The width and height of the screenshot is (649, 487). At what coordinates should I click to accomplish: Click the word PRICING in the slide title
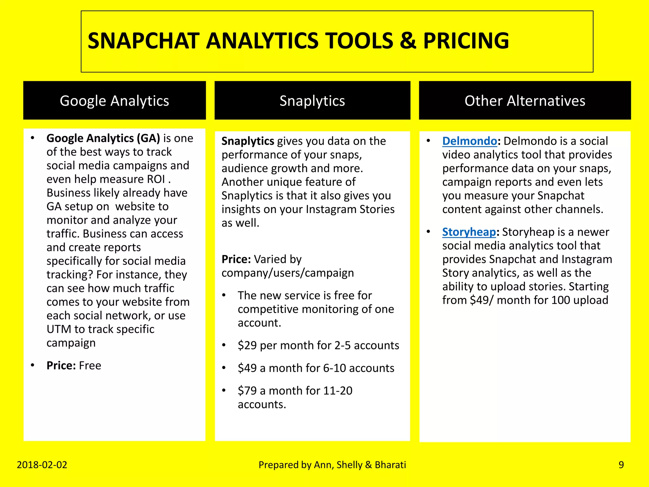pyautogui.click(x=466, y=41)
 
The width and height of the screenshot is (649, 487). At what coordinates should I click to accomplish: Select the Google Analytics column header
pyautogui.click(x=114, y=101)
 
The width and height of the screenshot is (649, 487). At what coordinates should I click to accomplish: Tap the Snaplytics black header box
pyautogui.click(x=312, y=101)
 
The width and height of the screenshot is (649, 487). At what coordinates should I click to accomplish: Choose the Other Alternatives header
pyautogui.click(x=524, y=101)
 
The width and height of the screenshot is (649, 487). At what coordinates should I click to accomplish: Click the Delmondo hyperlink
pyautogui.click(x=469, y=141)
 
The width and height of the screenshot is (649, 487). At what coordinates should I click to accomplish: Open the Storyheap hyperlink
pyautogui.click(x=469, y=232)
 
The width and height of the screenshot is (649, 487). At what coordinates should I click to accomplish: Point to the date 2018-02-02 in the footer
pyautogui.click(x=42, y=465)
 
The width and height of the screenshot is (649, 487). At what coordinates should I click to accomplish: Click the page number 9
pyautogui.click(x=621, y=465)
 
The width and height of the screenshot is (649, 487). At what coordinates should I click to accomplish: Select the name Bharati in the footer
pyautogui.click(x=390, y=465)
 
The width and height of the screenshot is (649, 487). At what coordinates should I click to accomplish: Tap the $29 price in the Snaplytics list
pyautogui.click(x=247, y=345)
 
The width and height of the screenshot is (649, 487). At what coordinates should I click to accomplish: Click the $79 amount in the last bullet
pyautogui.click(x=247, y=391)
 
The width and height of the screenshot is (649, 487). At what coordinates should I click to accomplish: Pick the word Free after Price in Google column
pyautogui.click(x=90, y=366)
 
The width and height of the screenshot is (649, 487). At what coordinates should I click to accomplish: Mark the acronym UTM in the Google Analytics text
pyautogui.click(x=59, y=329)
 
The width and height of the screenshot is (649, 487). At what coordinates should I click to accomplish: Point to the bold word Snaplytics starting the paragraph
pyautogui.click(x=247, y=141)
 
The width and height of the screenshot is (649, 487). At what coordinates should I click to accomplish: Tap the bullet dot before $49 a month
pyautogui.click(x=224, y=368)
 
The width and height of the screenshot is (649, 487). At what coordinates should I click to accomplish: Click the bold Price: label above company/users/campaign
pyautogui.click(x=236, y=259)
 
